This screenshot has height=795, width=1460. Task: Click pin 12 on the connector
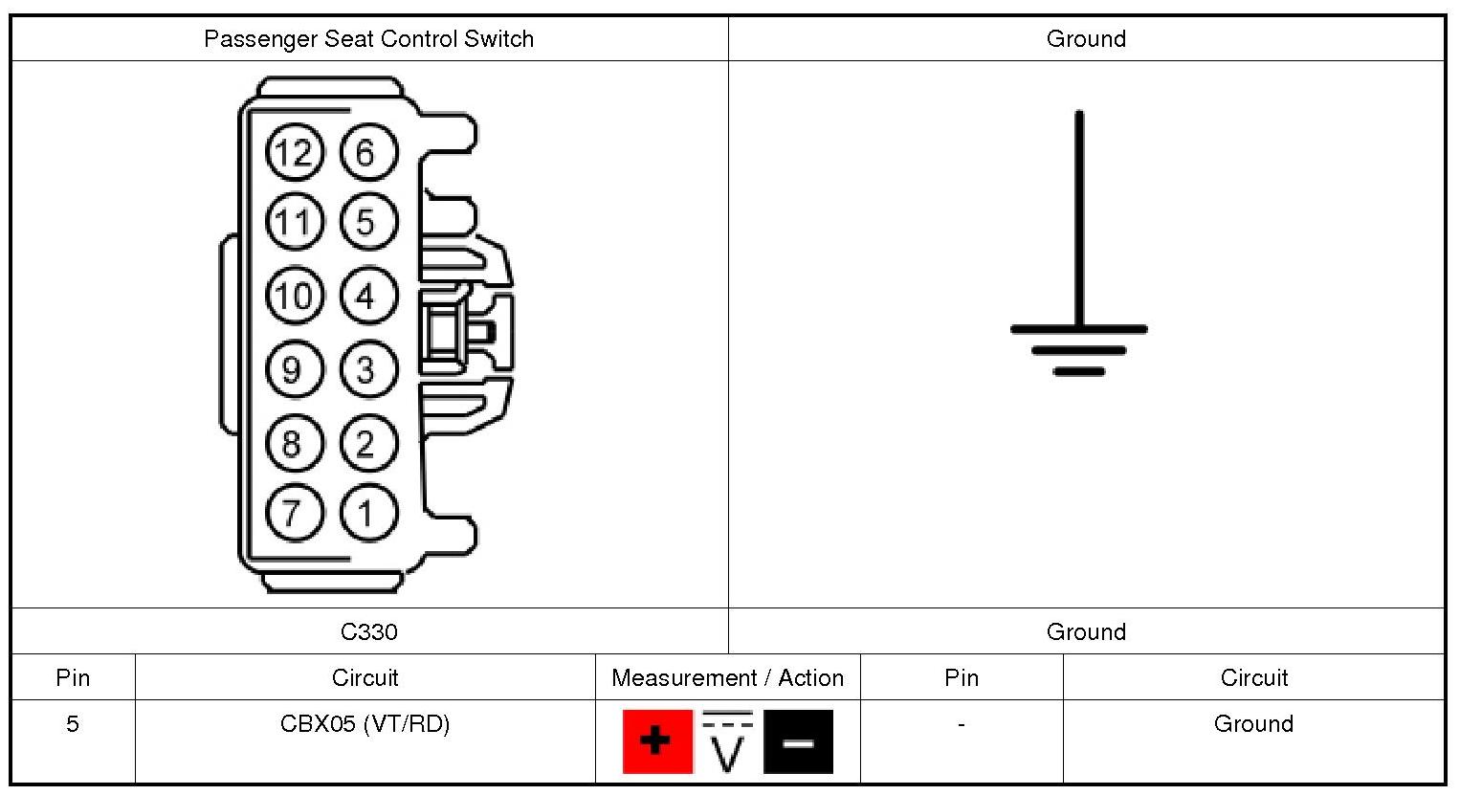pyautogui.click(x=294, y=152)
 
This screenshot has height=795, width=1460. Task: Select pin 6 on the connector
pyautogui.click(x=367, y=152)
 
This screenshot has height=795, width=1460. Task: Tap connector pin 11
pyautogui.click(x=294, y=223)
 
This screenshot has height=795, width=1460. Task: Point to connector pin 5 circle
pyautogui.click(x=367, y=223)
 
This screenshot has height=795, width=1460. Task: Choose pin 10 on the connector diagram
pyautogui.click(x=294, y=296)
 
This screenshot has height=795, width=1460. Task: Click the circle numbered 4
pyautogui.click(x=367, y=296)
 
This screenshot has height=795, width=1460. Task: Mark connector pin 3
pyautogui.click(x=367, y=369)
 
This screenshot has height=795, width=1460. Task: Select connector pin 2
pyautogui.click(x=367, y=443)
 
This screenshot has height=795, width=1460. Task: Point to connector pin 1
pyautogui.click(x=367, y=513)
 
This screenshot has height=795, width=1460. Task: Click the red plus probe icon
pyautogui.click(x=656, y=740)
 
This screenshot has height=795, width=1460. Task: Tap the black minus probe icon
pyautogui.click(x=798, y=740)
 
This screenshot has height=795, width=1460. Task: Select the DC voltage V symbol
pyautogui.click(x=728, y=742)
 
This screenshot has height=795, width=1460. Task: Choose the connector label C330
pyautogui.click(x=368, y=631)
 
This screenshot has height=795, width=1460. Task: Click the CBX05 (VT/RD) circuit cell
pyautogui.click(x=365, y=724)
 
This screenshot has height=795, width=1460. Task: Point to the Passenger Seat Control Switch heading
pyautogui.click(x=368, y=39)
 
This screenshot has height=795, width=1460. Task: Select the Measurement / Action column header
pyautogui.click(x=727, y=678)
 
